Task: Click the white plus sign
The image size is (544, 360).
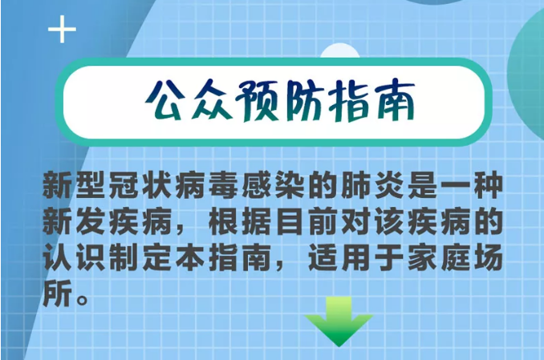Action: pyautogui.click(x=62, y=30)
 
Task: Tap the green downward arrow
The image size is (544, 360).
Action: pyautogui.click(x=339, y=321)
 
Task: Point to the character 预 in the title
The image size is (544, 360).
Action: pyautogui.click(x=257, y=101)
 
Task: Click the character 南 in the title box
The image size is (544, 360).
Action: pyautogui.click(x=395, y=100)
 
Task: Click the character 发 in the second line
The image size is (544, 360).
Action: pyautogui.click(x=91, y=221)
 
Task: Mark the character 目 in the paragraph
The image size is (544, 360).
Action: pyautogui.click(x=290, y=221)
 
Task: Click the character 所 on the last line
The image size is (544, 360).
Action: pyautogui.click(x=57, y=294)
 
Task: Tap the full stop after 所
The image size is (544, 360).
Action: pyautogui.click(x=83, y=300)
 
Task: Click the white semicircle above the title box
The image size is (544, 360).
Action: pyautogui.click(x=339, y=51)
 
